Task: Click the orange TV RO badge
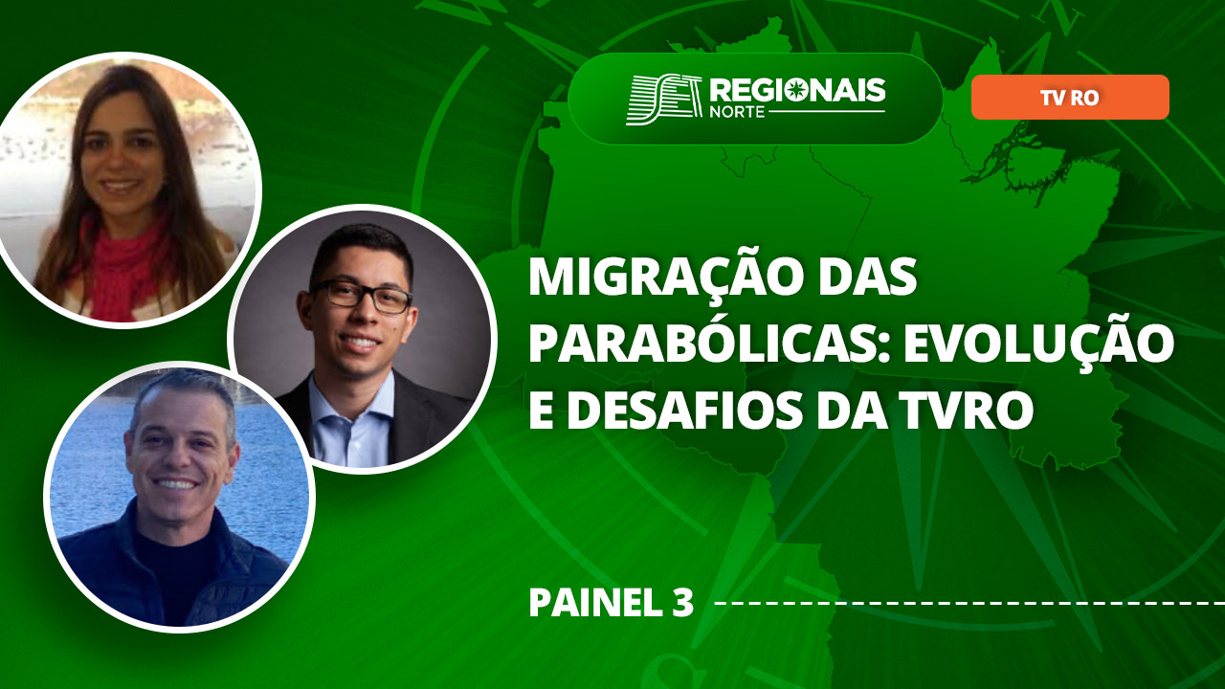click(1070, 98)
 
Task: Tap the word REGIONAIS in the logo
click(797, 90)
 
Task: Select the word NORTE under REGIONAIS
click(736, 112)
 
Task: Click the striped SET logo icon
click(664, 100)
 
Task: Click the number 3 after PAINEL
click(682, 603)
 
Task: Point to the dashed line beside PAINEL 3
click(970, 603)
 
